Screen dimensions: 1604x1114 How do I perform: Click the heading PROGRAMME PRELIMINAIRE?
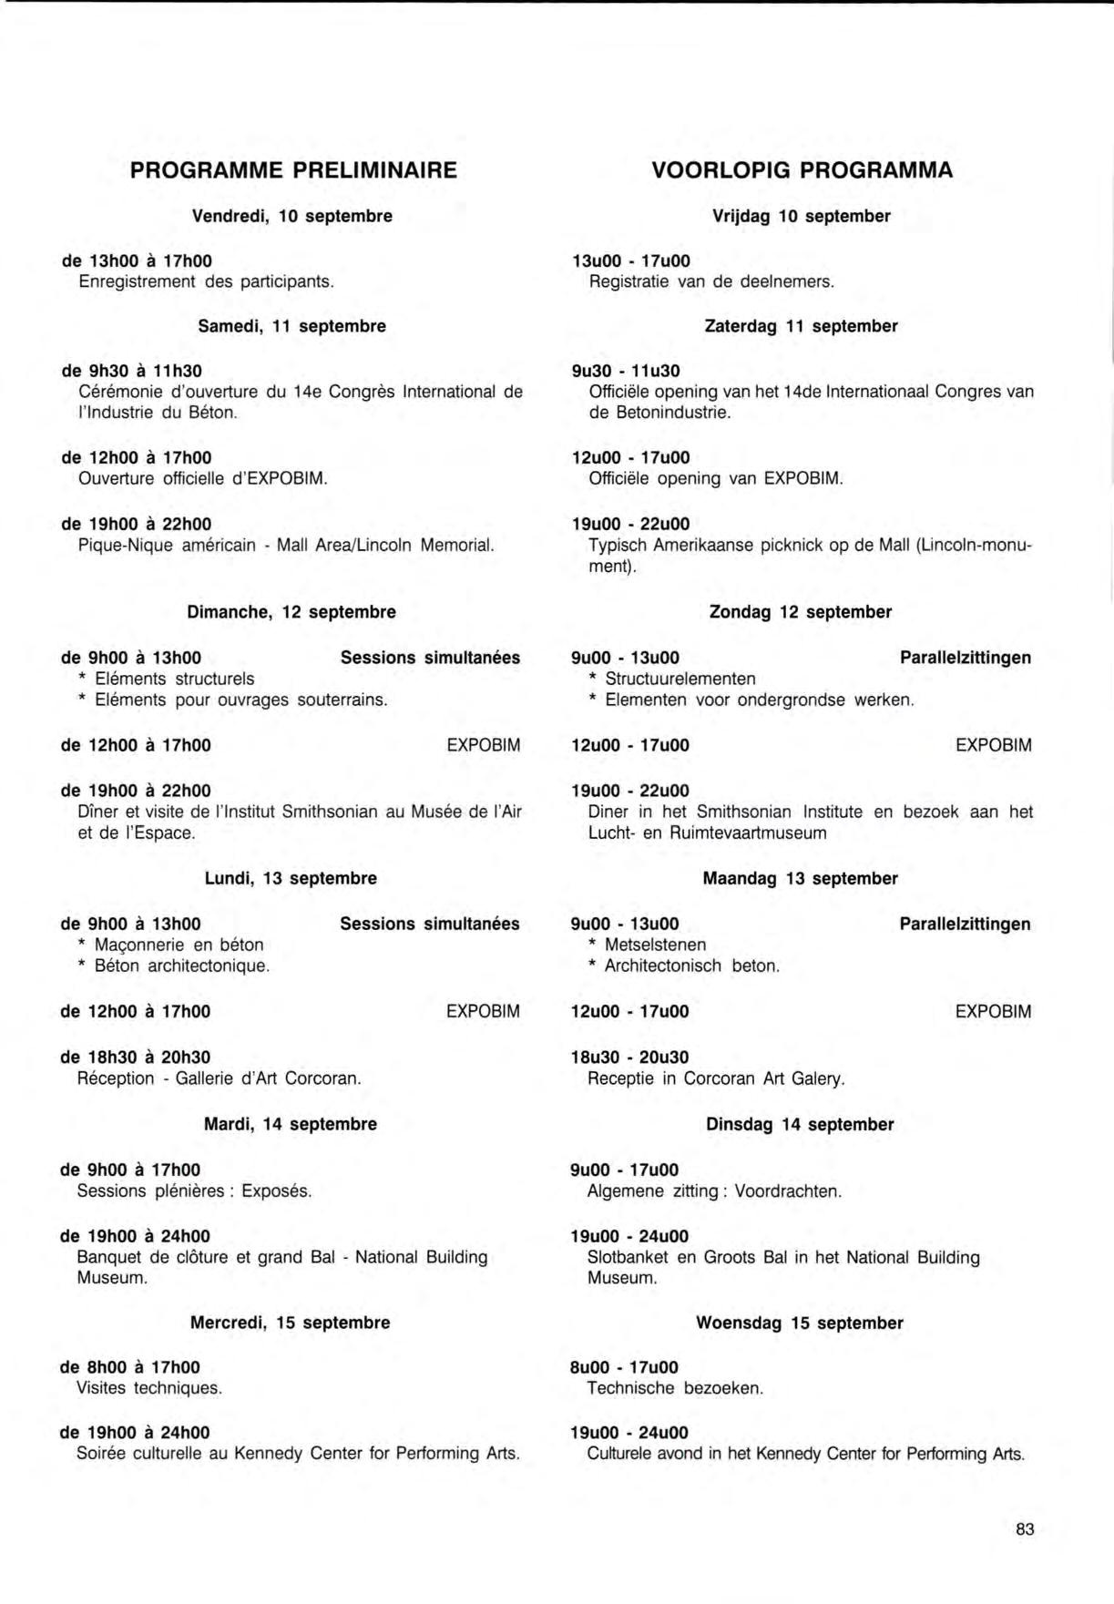293,170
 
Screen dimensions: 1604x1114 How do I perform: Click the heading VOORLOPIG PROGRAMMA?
802,170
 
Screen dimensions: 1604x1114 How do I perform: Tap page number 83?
1025,1529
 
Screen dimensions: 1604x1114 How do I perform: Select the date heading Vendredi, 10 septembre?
292,217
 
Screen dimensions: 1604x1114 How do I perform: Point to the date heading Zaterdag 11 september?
802,326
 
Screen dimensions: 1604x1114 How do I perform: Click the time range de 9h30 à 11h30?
132,371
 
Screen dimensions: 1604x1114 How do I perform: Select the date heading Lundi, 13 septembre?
291,879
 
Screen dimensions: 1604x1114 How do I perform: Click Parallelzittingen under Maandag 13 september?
966,925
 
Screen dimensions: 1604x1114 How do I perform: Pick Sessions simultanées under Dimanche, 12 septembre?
430,658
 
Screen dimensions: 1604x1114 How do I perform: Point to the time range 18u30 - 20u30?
629,1057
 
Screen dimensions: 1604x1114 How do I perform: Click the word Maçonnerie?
137,945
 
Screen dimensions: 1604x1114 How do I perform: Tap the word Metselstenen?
655,945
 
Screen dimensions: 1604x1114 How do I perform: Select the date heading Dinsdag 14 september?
800,1125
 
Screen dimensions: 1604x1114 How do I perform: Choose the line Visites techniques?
149,1389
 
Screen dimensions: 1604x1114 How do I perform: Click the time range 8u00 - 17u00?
624,1368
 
